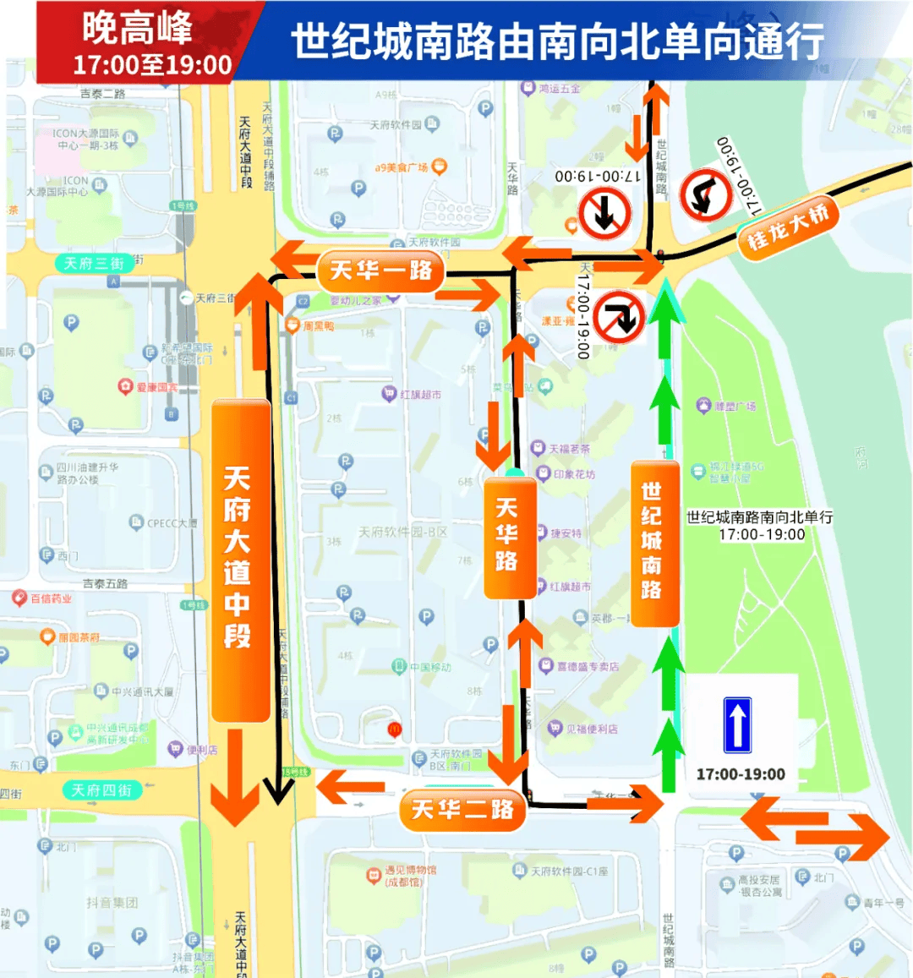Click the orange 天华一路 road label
click(380, 270)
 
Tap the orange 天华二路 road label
click(462, 810)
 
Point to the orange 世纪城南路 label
click(652, 541)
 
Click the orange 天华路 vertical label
click(507, 534)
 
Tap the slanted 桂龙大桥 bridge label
click(786, 227)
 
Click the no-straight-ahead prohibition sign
click(604, 213)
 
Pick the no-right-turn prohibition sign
click(620, 317)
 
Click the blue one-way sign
click(737, 724)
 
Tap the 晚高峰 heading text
click(137, 28)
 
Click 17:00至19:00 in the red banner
click(152, 65)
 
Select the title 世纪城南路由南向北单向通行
click(558, 41)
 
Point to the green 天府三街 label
click(94, 264)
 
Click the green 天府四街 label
click(101, 790)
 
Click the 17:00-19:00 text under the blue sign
click(741, 774)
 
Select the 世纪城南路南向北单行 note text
click(759, 516)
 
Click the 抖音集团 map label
click(112, 903)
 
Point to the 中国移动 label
click(430, 667)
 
